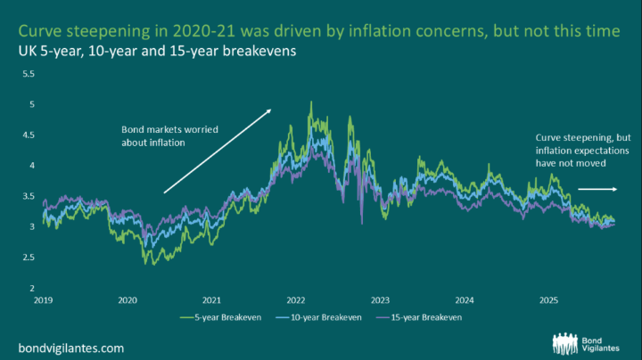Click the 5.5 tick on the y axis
pyautogui.click(x=28, y=75)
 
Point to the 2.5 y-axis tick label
pyautogui.click(x=28, y=258)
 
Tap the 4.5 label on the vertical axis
pyautogui.click(x=28, y=136)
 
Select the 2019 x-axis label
pyautogui.click(x=44, y=300)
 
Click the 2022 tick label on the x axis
pyautogui.click(x=296, y=300)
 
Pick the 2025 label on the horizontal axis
pyautogui.click(x=547, y=300)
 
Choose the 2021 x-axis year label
pyautogui.click(x=212, y=300)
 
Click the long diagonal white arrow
pyautogui.click(x=218, y=150)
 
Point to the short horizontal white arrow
pyautogui.click(x=597, y=189)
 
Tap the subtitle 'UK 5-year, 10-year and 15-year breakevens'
pyautogui.click(x=157, y=52)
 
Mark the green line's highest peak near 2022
pyautogui.click(x=310, y=102)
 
